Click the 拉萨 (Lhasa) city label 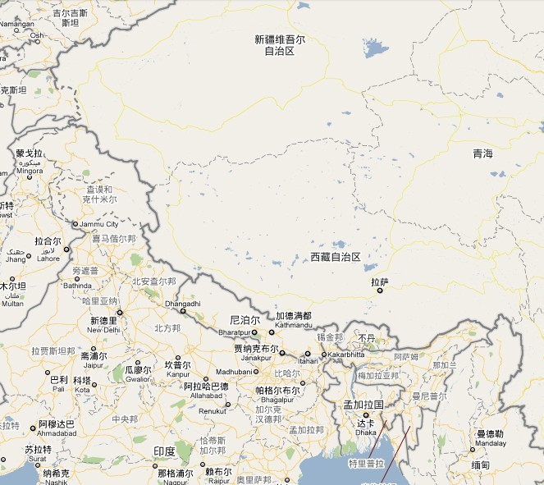click(x=380, y=281)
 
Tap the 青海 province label click(x=483, y=153)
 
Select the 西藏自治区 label click(x=336, y=257)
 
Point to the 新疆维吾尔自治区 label click(x=280, y=45)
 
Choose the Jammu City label click(x=99, y=224)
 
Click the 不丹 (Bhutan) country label click(x=367, y=337)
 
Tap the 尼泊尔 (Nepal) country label click(x=244, y=319)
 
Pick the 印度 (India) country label click(x=164, y=451)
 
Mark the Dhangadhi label click(x=183, y=304)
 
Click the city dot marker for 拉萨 click(x=380, y=290)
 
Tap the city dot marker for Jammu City click(x=75, y=224)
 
